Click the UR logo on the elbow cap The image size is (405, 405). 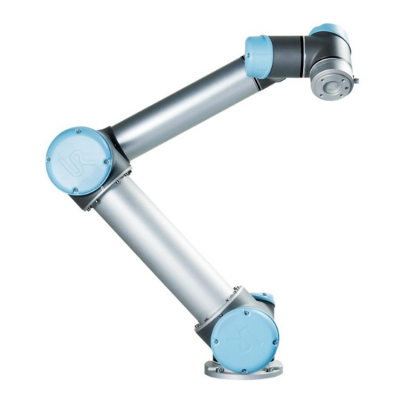[x=78, y=161]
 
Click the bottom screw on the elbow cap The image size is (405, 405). [x=75, y=190]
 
